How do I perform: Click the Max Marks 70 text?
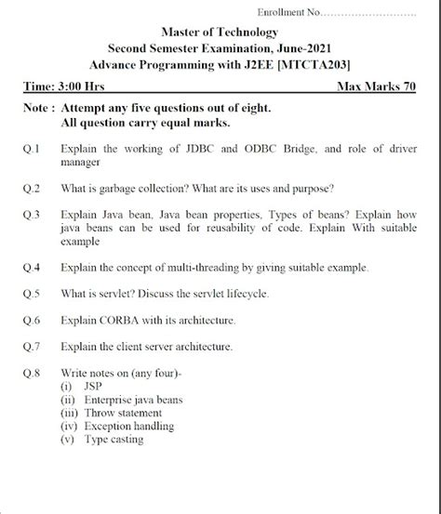pyautogui.click(x=379, y=86)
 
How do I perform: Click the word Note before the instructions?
pyautogui.click(x=38, y=109)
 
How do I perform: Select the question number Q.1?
pyautogui.click(x=30, y=149)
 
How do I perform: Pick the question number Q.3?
pyautogui.click(x=30, y=215)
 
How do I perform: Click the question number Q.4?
pyautogui.click(x=30, y=268)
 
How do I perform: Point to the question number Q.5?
pyautogui.click(x=30, y=295)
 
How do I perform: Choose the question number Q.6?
pyautogui.click(x=30, y=321)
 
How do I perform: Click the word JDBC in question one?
pyautogui.click(x=191, y=149)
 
